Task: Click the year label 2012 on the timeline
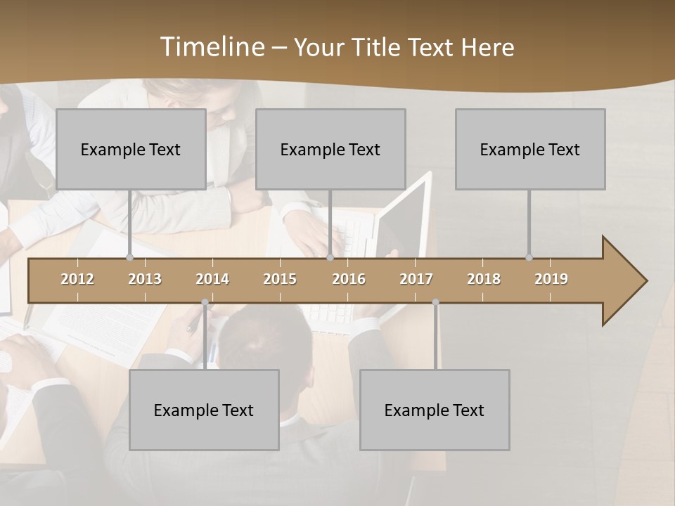point(77,279)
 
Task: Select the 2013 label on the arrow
point(145,279)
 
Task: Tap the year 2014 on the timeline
point(212,279)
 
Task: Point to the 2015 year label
point(280,279)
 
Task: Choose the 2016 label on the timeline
point(349,279)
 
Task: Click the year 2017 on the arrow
point(416,279)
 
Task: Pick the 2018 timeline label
point(484,279)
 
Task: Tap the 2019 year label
point(551,279)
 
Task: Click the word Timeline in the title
point(211,47)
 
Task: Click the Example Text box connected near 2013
point(131,149)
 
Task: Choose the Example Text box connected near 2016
point(330,149)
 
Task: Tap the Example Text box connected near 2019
point(530,149)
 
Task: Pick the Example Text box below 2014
point(204,410)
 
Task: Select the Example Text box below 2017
point(435,410)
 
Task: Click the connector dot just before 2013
point(129,258)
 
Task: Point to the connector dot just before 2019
point(529,258)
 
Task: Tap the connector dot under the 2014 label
point(205,302)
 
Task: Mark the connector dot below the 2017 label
point(435,302)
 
